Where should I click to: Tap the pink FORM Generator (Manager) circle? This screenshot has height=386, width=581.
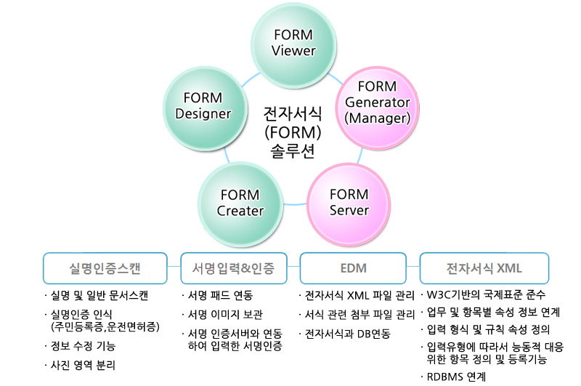[x=377, y=102]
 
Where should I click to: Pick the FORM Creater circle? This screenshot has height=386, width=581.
[x=240, y=202]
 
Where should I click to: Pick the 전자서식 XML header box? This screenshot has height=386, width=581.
[x=484, y=268]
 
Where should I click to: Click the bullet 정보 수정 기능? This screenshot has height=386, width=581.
[x=83, y=346]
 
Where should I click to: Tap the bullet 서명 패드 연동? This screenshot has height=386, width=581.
[x=219, y=296]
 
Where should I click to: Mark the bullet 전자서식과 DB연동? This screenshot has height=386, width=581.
[x=347, y=334]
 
